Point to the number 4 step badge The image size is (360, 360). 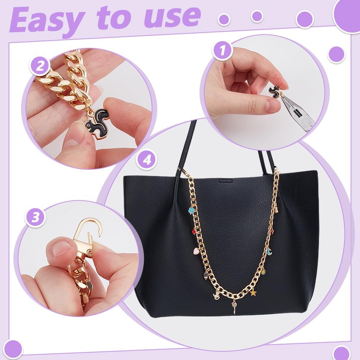(147, 160)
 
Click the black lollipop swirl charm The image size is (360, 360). (206, 276)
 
